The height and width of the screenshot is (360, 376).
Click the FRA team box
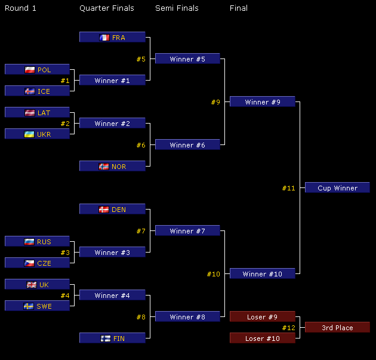tap(112, 38)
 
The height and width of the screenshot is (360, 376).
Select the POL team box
tap(37, 70)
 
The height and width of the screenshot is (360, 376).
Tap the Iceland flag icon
tap(29, 91)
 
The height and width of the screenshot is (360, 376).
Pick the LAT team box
tap(37, 113)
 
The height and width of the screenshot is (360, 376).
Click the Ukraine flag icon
tap(29, 134)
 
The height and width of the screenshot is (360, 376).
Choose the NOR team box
tap(112, 167)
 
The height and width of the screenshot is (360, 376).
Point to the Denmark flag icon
tap(103, 210)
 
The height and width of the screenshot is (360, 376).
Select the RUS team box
tap(37, 242)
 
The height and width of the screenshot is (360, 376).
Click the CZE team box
tap(37, 263)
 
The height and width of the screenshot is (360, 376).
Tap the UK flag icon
tap(32, 285)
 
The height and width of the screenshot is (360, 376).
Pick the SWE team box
tap(37, 306)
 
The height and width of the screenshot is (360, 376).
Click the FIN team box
tap(112, 339)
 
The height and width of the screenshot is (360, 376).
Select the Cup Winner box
tap(337, 188)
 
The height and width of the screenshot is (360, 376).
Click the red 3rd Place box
tap(337, 328)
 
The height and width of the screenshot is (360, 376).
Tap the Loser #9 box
tap(262, 317)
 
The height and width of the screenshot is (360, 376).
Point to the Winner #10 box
tap(262, 274)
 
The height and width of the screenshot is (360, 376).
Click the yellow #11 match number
tap(289, 188)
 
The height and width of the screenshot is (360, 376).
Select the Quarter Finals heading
tap(106, 8)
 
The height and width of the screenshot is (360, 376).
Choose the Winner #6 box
tap(187, 145)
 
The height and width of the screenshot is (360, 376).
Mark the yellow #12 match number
tap(289, 328)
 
